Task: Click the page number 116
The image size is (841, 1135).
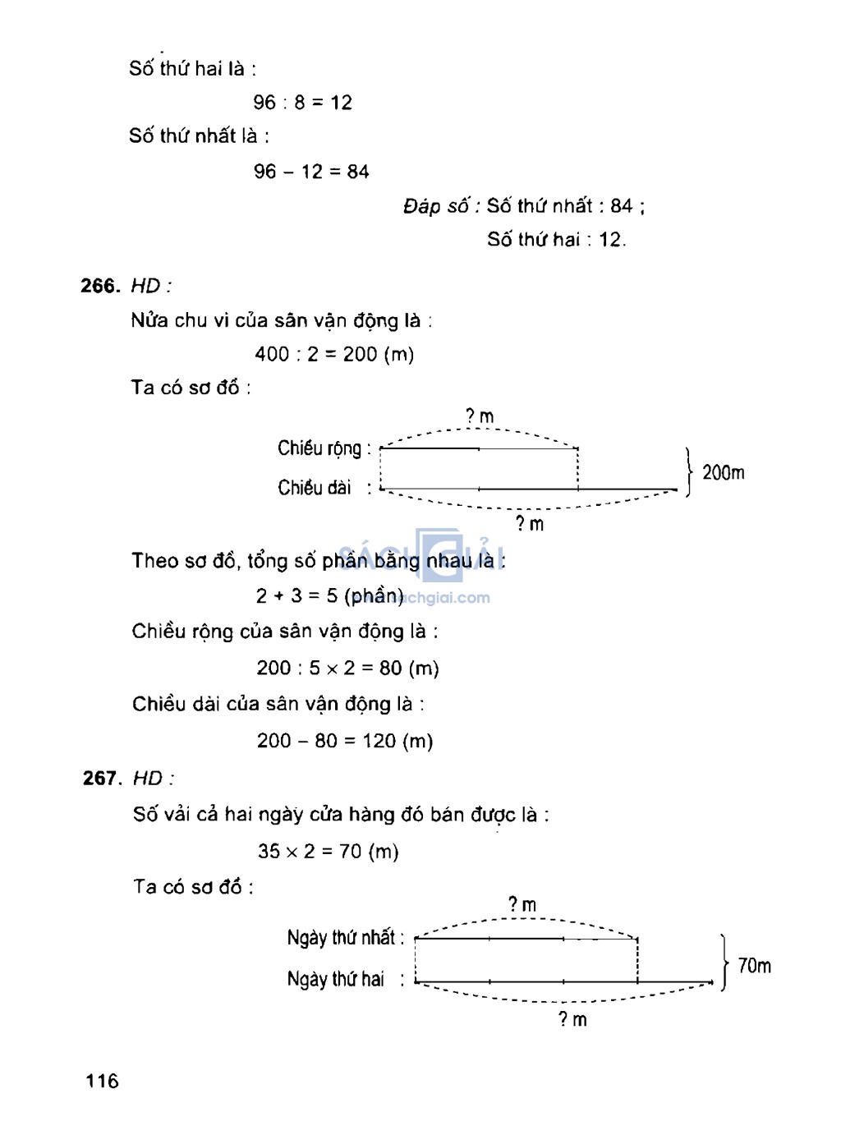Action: (x=102, y=1081)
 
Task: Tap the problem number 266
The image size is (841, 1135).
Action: (x=100, y=286)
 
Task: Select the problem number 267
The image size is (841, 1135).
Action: (x=102, y=778)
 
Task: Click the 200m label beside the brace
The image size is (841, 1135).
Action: (x=723, y=472)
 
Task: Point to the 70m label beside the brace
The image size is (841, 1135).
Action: (x=754, y=966)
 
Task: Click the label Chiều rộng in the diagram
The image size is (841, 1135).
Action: (x=319, y=448)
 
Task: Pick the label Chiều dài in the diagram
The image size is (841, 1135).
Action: (x=315, y=488)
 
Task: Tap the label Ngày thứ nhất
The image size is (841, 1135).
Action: (x=342, y=938)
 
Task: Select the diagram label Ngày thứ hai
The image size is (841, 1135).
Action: (x=336, y=979)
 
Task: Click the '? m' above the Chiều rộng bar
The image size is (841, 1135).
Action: (x=480, y=416)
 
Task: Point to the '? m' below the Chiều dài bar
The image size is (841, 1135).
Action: (x=530, y=524)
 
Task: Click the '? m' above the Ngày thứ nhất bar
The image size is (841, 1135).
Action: (x=522, y=905)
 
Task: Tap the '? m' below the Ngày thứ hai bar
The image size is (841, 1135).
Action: (x=572, y=1019)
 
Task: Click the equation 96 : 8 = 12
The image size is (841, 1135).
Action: (x=302, y=103)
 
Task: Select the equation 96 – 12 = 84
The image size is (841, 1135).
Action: (x=311, y=172)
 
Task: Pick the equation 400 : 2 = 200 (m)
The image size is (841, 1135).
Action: (x=334, y=354)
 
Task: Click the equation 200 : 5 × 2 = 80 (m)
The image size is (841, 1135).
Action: (x=347, y=668)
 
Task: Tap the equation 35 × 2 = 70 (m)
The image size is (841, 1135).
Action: (x=328, y=851)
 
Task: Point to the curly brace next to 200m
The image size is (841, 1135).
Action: (x=688, y=472)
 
